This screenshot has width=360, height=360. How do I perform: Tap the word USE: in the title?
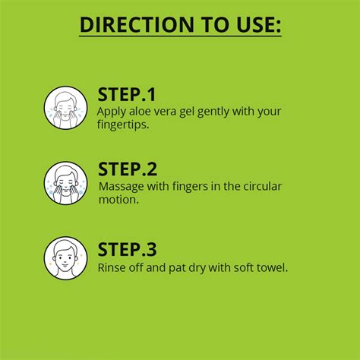(x=258, y=24)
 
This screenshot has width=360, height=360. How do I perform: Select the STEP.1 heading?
(x=126, y=95)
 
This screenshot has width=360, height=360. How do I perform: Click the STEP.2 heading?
(x=128, y=169)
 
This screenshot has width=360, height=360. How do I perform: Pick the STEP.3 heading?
(x=127, y=249)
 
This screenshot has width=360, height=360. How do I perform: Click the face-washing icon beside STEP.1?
(x=65, y=108)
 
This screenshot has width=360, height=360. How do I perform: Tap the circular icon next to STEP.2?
(x=65, y=183)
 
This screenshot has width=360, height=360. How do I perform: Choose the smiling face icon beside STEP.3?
(x=65, y=258)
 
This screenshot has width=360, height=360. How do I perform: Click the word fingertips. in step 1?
(x=123, y=125)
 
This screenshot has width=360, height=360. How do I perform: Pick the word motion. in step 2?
(x=118, y=200)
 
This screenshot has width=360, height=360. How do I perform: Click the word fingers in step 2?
(x=190, y=187)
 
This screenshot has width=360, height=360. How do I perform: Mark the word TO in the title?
(x=215, y=24)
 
